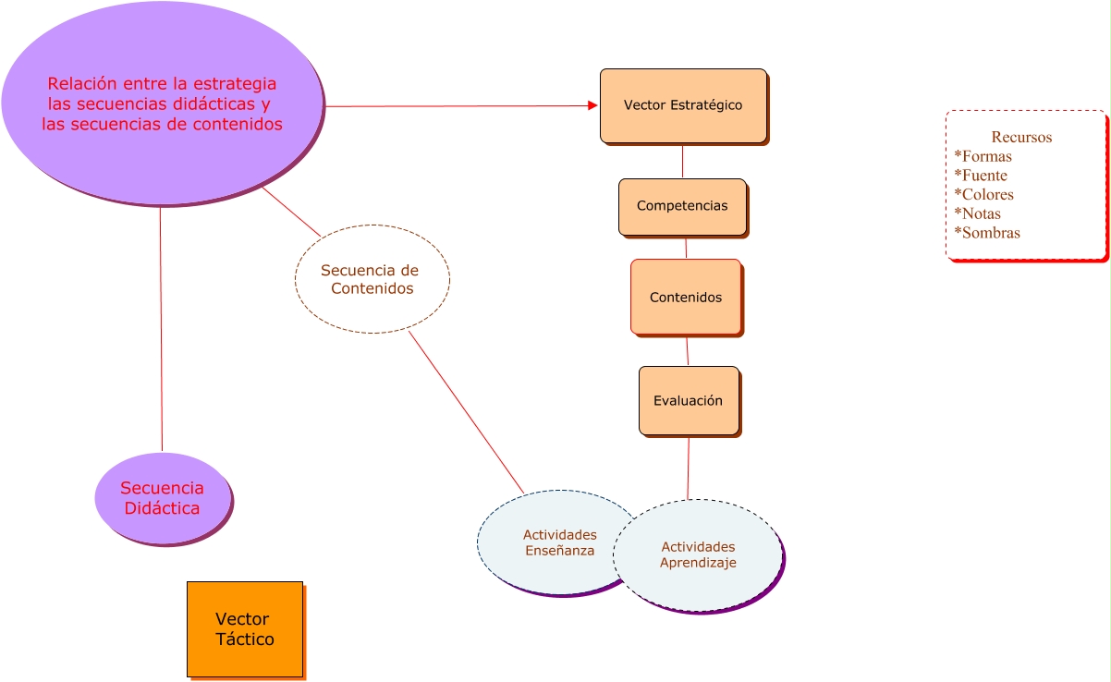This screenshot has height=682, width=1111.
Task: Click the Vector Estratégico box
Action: (x=683, y=105)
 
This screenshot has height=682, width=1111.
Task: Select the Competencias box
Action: (x=682, y=206)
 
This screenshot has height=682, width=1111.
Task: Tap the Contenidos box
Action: (x=686, y=297)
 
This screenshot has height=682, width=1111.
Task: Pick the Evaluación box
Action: (x=689, y=401)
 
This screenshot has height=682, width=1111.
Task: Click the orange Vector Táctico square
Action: (x=245, y=629)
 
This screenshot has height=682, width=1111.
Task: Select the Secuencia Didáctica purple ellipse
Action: (x=162, y=498)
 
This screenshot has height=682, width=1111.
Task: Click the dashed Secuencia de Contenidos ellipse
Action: (x=372, y=279)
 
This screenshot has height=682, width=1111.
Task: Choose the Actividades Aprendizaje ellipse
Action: (x=699, y=555)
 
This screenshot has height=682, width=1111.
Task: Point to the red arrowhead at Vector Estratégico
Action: (x=593, y=105)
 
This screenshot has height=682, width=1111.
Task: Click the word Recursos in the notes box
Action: (x=1021, y=138)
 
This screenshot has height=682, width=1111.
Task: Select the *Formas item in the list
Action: (x=983, y=156)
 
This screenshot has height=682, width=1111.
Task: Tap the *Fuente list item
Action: (x=981, y=176)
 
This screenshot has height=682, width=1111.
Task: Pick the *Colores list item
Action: (x=984, y=195)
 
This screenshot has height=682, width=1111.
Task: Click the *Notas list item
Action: (x=978, y=213)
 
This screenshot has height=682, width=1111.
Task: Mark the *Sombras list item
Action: (x=987, y=233)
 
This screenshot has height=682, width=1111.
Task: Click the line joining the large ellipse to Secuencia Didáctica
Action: (x=161, y=328)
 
